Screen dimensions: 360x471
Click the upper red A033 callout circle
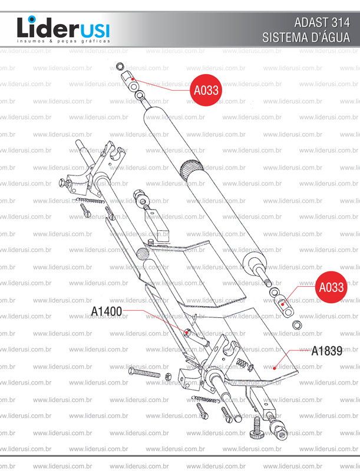pos(206,90)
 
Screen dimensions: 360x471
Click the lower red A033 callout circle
pos(331,287)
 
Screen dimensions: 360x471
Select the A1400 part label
pos(107,311)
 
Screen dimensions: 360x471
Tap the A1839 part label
pos(326,351)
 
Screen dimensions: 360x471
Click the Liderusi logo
pos(64,29)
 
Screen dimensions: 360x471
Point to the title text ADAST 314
pos(322,22)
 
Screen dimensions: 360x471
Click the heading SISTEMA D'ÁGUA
pos(306,38)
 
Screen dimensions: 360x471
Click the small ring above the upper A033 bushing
pos(120,66)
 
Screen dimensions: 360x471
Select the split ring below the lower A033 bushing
pos(297,325)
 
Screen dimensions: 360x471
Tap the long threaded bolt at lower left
pos(144,373)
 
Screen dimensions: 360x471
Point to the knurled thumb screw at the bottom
pos(256,429)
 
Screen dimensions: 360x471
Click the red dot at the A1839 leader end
pos(274,367)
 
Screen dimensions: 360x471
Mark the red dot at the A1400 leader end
pos(186,331)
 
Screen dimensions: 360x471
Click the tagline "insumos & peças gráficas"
pos(64,41)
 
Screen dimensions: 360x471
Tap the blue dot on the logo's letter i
pos(32,19)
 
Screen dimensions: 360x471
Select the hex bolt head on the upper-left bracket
pos(62,182)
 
